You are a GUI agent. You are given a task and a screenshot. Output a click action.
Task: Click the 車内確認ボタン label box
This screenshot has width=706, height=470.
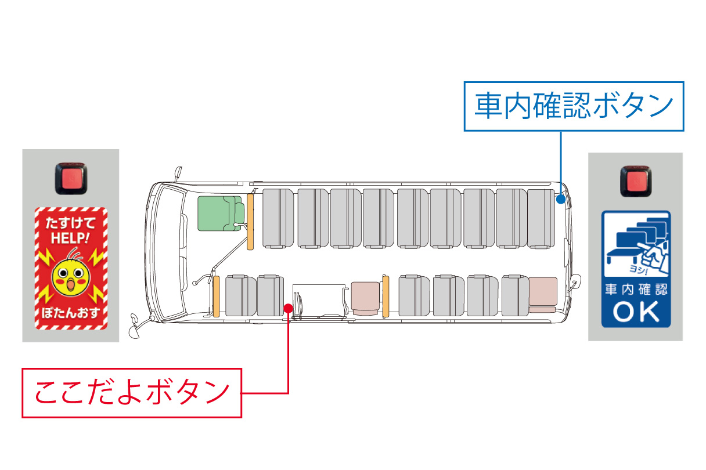tap(574, 106)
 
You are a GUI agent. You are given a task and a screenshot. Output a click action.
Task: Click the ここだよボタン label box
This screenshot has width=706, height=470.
tap(132, 393)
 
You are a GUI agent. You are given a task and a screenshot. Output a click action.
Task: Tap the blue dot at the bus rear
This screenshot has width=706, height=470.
tap(560, 199)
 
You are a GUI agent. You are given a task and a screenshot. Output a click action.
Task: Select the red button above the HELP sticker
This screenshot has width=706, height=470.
tap(70, 178)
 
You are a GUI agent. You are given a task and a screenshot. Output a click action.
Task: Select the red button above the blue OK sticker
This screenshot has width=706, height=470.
tap(635, 181)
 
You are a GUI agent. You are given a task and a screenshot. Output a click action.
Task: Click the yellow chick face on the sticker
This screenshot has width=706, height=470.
tap(71, 277)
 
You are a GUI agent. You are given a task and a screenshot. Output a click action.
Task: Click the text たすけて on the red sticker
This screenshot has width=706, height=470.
tap(71, 223)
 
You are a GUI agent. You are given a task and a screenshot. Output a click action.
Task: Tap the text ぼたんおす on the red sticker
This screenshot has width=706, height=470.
tap(71, 314)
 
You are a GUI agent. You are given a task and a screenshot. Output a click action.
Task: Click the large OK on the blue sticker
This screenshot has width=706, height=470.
tap(636, 312)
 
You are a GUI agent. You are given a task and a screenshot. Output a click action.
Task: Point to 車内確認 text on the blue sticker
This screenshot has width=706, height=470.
tap(636, 289)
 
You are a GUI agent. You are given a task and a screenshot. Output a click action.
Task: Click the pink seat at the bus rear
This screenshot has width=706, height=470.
tap(542, 293)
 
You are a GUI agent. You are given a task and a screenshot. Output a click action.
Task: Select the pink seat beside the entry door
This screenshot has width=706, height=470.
tap(365, 297)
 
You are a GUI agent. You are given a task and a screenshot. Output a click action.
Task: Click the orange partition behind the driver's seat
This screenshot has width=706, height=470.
tap(251, 220)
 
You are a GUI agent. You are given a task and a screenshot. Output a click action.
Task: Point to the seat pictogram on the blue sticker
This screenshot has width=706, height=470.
tap(635, 244)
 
